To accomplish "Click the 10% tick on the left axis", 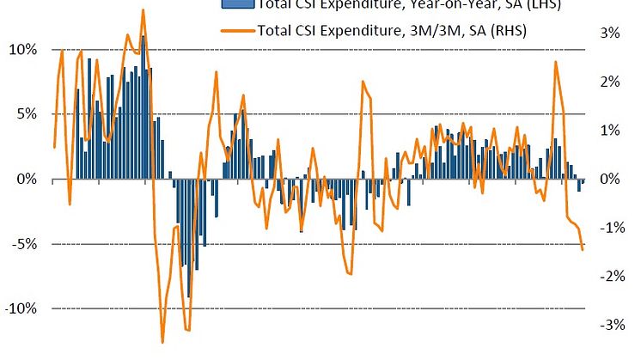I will pyautogui.click(x=23, y=49).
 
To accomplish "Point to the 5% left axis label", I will pyautogui.click(x=27, y=113).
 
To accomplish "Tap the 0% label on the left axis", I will pyautogui.click(x=27, y=179).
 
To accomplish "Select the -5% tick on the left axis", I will pyautogui.click(x=25, y=244).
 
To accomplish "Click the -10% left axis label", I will pyautogui.click(x=21, y=308).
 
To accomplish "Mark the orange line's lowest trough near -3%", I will pyautogui.click(x=162, y=342).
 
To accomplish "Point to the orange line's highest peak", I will pyautogui.click(x=143, y=10).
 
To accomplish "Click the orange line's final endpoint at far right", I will pyautogui.click(x=583, y=250).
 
